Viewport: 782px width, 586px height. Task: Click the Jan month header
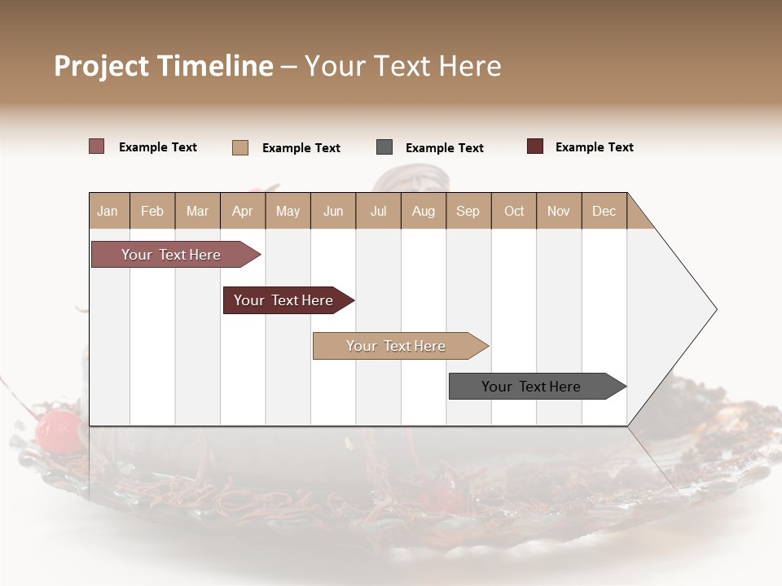pos(108,211)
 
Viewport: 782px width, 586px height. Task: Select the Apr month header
pos(243,211)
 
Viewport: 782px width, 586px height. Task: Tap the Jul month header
pos(378,211)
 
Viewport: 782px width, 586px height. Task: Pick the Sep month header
pos(468,211)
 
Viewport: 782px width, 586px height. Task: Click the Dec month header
pos(604,211)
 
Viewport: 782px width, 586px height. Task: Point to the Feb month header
pos(152,211)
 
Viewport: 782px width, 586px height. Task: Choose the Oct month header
pos(514,211)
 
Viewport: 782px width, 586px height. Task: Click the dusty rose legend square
pos(96,146)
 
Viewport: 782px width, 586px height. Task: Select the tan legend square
pos(240,147)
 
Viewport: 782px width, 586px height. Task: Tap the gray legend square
pos(384,147)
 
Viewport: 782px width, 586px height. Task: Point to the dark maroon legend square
pos(534,146)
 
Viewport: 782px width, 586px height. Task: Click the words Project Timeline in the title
pos(164,66)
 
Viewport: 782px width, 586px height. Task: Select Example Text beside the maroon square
pos(594,147)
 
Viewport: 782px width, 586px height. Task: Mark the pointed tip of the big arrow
pos(715,309)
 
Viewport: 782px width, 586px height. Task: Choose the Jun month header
pos(333,211)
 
